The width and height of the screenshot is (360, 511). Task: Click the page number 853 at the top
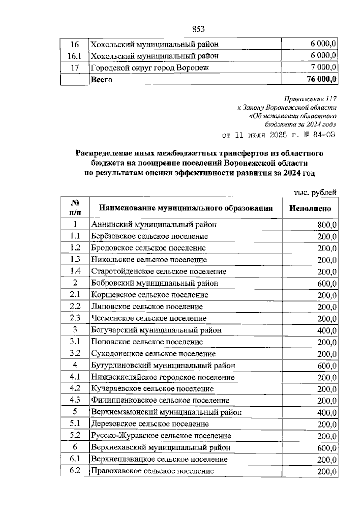coord(198,29)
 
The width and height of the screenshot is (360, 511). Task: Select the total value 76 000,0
coord(321,79)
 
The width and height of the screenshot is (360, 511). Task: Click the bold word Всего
coord(102,80)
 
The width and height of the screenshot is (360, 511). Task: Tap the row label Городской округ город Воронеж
coord(150,68)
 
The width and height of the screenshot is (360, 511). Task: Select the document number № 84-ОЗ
coord(318,135)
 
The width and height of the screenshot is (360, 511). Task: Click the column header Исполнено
coord(310,208)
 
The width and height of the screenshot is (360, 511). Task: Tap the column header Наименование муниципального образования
coord(186,208)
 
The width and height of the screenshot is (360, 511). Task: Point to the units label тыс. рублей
coord(315,193)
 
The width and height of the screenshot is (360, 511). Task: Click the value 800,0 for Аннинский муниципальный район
coord(327,225)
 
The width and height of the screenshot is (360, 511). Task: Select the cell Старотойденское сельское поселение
coord(159,271)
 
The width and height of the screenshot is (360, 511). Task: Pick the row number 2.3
coord(75,318)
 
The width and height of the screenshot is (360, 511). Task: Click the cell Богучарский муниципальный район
coord(156,330)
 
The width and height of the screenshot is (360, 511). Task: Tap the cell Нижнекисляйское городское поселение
coord(163,377)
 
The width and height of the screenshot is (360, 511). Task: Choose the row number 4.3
coord(75,400)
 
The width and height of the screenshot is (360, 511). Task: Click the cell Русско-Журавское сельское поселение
coord(161,436)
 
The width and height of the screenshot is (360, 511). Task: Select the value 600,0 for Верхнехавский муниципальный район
coord(327,448)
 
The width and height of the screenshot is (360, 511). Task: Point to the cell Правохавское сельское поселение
coord(152,471)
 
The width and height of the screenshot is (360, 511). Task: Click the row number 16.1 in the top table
coord(75,56)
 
